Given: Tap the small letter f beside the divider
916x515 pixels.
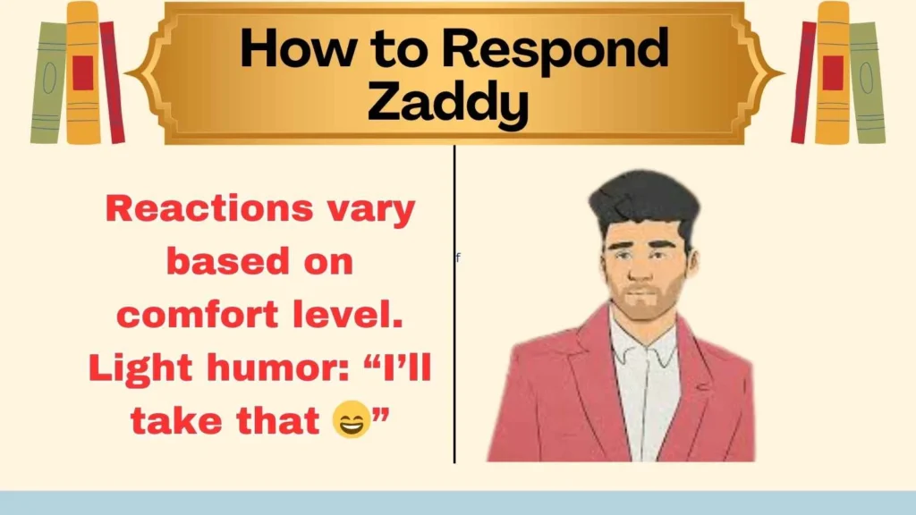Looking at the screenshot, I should (458, 257).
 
